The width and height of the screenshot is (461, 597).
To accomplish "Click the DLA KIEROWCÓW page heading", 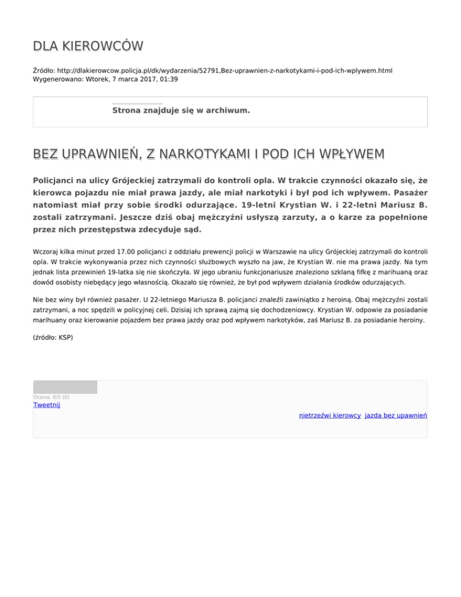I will pos(88,47).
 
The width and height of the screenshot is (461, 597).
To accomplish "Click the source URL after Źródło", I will pos(223,70).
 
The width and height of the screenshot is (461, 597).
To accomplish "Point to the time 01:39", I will pos(169,79).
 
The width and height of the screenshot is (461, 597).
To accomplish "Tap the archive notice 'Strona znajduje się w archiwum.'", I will pos(181,111).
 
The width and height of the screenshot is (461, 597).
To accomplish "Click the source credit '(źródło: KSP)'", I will pos(53,338).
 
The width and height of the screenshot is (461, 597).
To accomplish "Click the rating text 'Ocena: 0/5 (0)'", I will pos(51,397).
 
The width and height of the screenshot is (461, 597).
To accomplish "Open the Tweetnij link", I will pos(46,405).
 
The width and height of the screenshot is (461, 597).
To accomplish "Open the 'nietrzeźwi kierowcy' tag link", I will pos(330,415).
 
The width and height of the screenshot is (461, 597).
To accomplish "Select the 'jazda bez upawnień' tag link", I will pos(396,415).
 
